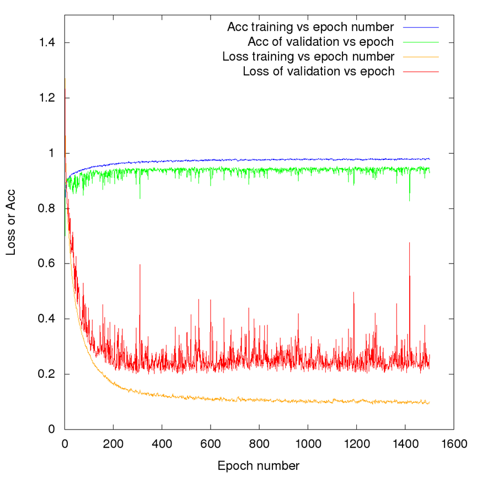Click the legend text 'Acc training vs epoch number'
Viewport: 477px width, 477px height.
point(310,26)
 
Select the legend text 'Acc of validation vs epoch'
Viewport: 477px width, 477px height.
point(321,41)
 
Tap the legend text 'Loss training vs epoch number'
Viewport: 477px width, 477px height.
point(308,56)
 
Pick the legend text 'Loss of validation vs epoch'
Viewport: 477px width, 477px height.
point(319,71)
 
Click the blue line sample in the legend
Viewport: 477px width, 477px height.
point(420,26)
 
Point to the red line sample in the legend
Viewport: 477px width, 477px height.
point(420,71)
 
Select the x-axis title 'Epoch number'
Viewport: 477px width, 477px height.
point(259,465)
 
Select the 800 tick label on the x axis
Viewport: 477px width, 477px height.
point(259,442)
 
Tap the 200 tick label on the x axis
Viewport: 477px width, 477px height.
point(113,442)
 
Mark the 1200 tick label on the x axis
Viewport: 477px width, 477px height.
point(356,442)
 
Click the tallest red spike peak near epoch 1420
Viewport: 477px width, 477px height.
point(409,243)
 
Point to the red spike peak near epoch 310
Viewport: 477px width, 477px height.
point(140,265)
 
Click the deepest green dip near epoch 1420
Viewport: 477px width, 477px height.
point(409,201)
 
